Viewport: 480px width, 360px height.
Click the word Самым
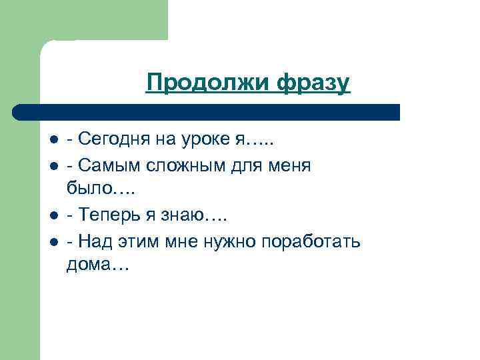pos(107,165)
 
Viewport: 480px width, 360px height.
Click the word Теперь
pos(109,215)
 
